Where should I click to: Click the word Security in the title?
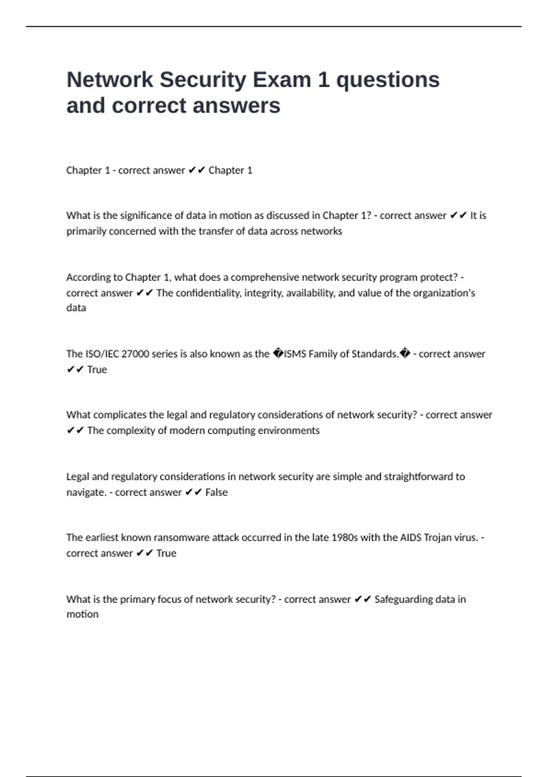pyautogui.click(x=203, y=80)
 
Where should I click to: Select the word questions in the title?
pyautogui.click(x=388, y=80)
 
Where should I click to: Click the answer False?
pyautogui.click(x=216, y=492)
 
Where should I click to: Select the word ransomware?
pyautogui.click(x=181, y=538)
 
